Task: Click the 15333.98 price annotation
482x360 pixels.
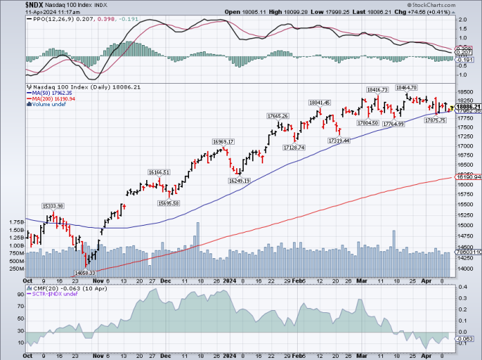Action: (x=53, y=206)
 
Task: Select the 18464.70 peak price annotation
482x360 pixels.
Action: (x=406, y=88)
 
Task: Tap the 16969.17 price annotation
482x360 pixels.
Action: (x=223, y=142)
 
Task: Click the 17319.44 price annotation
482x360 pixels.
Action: (x=339, y=141)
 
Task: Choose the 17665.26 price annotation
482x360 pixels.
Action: (x=277, y=116)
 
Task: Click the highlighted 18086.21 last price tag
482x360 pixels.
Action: (x=465, y=107)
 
